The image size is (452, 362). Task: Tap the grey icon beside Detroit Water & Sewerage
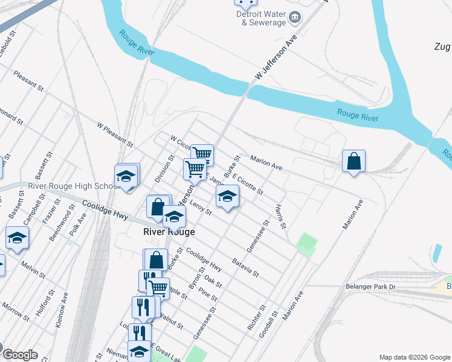pos(295,17)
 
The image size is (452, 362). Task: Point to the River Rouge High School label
pos(73,186)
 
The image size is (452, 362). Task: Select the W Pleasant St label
pos(115,134)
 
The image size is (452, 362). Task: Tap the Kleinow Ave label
pos(62,310)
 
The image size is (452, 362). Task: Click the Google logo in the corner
pos(20,355)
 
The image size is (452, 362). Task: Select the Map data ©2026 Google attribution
pos(414,357)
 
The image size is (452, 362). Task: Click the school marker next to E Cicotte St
pos(227,196)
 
